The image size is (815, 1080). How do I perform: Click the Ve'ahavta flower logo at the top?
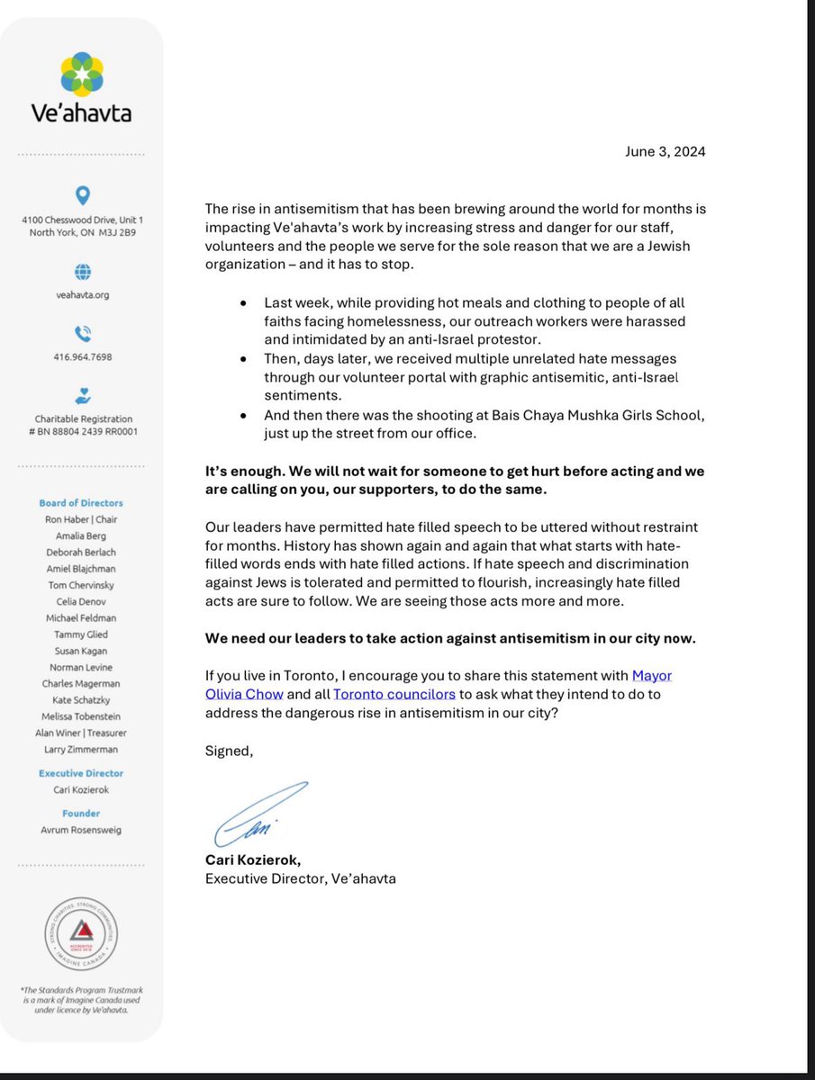81,75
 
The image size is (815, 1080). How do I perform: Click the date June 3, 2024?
665,151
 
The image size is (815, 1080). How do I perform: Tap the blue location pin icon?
82,194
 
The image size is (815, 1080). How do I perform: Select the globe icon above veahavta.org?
82,271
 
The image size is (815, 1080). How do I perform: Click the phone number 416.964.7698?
82,357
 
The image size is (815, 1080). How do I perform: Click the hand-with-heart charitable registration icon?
82,395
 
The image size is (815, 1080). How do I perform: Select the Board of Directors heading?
81,503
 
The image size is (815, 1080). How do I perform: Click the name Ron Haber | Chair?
81,519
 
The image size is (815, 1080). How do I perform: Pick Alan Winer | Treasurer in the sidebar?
81,733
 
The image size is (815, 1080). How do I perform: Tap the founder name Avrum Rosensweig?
81,830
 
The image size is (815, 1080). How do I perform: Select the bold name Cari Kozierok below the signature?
253,859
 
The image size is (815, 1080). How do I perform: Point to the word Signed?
229,751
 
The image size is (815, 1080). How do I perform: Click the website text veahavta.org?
82,295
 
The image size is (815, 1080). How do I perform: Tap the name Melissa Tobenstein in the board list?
81,716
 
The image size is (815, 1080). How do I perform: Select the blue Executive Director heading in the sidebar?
81,773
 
